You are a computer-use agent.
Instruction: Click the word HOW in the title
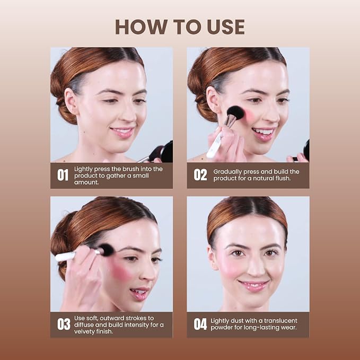(141, 27)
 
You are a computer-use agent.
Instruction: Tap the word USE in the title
(226, 27)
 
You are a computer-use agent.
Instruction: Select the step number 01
(63, 175)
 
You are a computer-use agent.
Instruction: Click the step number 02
(200, 175)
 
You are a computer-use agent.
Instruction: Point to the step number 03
(64, 324)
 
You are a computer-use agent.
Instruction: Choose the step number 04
(200, 324)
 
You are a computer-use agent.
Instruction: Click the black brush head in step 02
(235, 113)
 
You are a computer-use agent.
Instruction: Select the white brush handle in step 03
(66, 256)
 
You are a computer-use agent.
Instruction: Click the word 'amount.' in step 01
(86, 182)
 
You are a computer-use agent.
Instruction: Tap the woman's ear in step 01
(71, 101)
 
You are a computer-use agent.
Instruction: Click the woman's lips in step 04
(253, 285)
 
